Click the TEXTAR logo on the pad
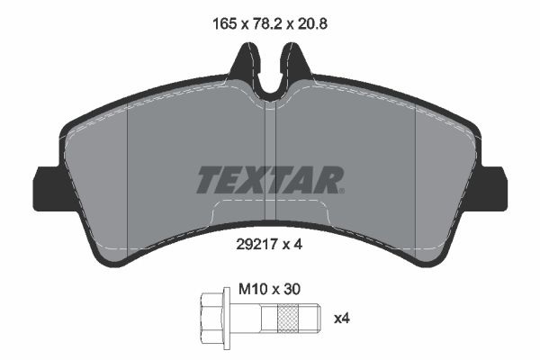268,181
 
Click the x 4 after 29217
288,242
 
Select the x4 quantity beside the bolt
341,318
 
